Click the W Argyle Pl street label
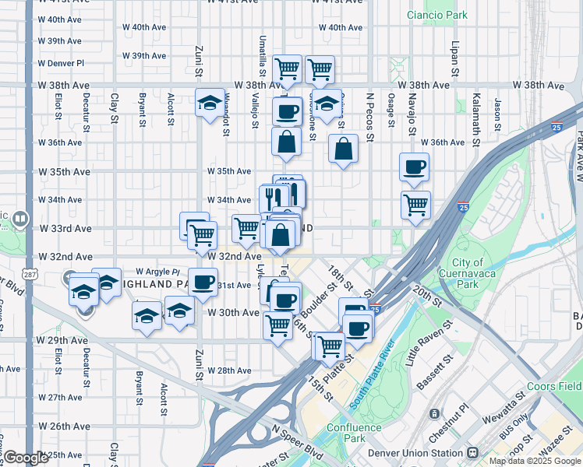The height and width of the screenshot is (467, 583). pos(157,272)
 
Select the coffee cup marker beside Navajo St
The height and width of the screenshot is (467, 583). pos(414,166)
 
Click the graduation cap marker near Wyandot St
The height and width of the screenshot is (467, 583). pos(210,102)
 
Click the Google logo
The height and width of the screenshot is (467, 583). pos(26,458)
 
